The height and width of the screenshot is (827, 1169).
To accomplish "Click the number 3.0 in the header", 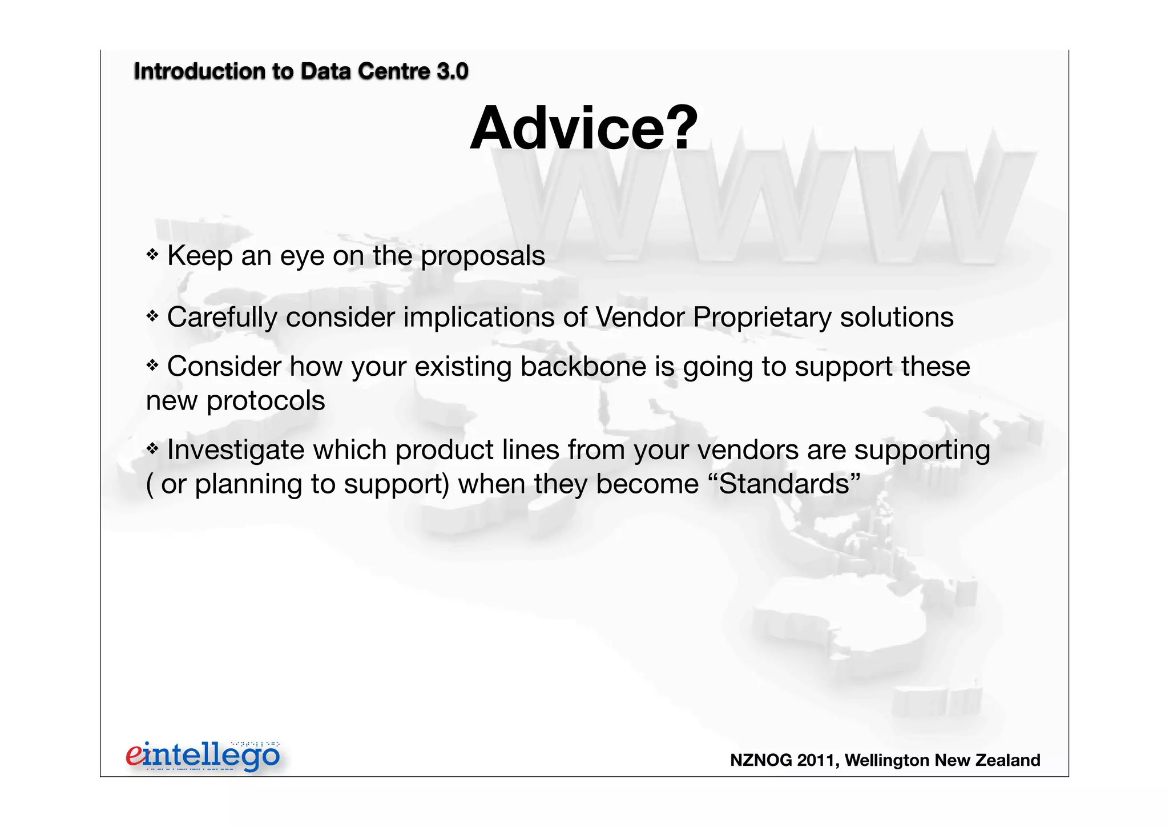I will click(452, 71).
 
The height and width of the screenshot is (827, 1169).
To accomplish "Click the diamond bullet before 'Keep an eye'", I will click(152, 254).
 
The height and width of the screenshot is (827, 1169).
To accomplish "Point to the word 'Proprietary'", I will click(762, 318).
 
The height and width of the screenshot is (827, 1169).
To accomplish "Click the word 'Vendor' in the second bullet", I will click(639, 317).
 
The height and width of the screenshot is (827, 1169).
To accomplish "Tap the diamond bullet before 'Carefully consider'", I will click(152, 315).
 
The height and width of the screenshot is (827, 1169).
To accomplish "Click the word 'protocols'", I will click(265, 401).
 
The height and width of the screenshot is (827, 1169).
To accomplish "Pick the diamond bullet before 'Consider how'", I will click(152, 364).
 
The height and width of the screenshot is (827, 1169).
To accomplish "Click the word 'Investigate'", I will click(235, 451).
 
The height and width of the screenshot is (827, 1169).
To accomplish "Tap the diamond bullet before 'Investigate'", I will click(152, 448).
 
